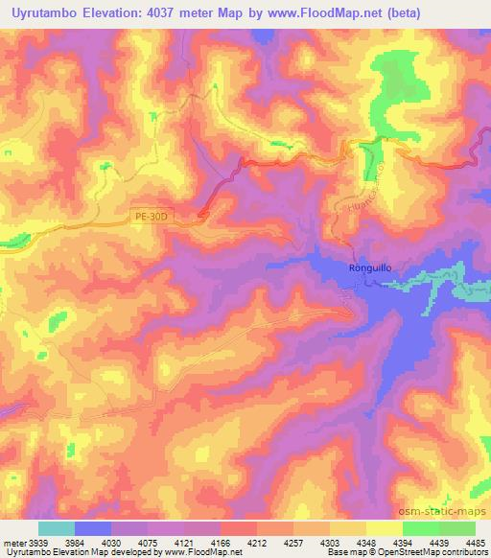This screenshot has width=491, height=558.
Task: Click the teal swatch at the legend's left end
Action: pyautogui.click(x=56, y=528)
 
